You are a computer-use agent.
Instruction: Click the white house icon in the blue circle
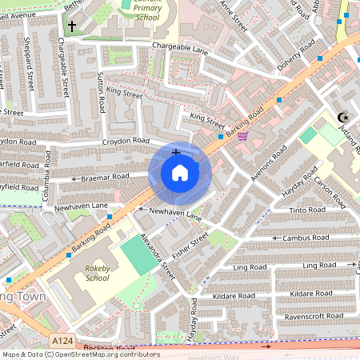[180, 173]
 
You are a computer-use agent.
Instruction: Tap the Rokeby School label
[97, 274]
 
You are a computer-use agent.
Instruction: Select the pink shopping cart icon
[242, 136]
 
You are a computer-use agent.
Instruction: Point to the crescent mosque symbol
[344, 118]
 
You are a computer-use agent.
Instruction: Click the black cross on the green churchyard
[72, 26]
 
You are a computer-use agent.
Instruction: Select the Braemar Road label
[105, 177]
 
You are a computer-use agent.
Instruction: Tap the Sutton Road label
[101, 92]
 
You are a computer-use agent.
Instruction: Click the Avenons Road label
[269, 164]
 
